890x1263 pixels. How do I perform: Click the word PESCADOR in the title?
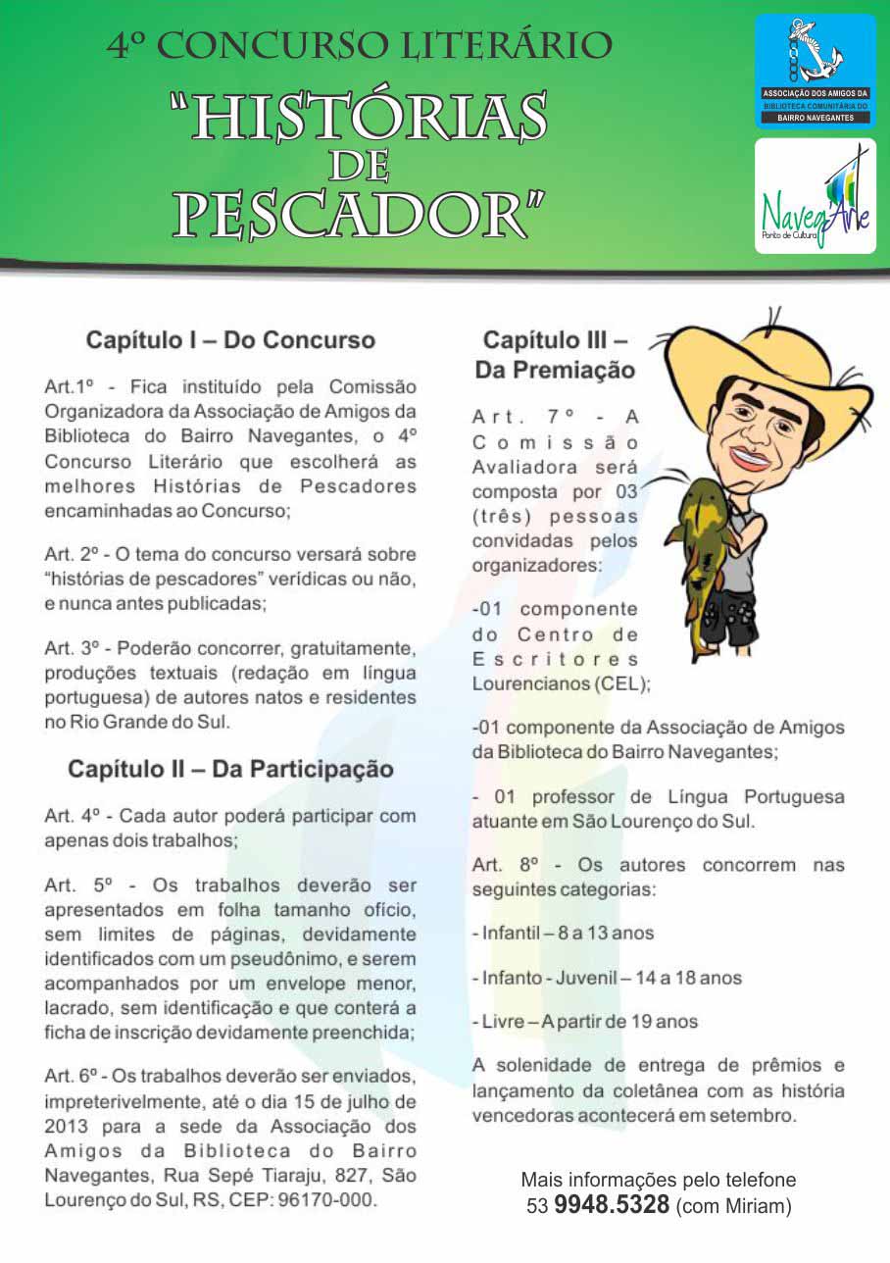point(359,215)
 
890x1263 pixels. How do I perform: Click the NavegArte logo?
point(816,196)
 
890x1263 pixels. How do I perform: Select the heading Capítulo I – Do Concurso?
point(230,340)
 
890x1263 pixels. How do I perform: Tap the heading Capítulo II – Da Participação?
point(230,769)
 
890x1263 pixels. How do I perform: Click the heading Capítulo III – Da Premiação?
point(555,355)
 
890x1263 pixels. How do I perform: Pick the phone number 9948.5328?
point(612,1203)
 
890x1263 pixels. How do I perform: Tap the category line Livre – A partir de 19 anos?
point(584,1021)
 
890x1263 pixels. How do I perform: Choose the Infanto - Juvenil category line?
point(607,978)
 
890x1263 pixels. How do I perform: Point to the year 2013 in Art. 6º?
point(68,1127)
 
